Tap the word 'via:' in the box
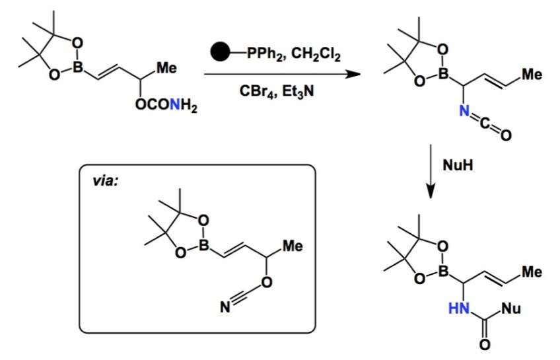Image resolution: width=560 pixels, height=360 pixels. (105, 179)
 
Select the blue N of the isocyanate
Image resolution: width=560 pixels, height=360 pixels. (465, 114)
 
